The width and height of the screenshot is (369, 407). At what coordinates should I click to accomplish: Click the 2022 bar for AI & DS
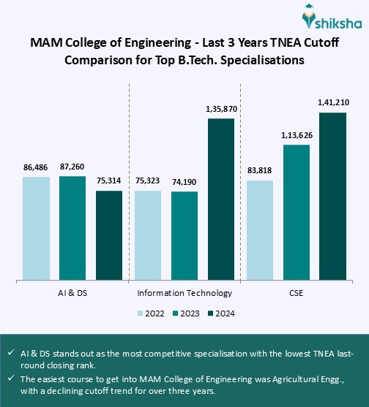tap(36, 227)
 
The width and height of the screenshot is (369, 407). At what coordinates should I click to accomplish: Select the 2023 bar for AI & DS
tap(72, 227)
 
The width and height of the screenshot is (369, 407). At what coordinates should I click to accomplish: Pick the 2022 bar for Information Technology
tap(147, 235)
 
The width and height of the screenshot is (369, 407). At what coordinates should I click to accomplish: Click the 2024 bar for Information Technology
tap(221, 198)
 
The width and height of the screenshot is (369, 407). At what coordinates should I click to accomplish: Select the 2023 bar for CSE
tap(297, 212)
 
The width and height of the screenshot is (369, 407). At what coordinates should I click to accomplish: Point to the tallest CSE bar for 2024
tap(332, 196)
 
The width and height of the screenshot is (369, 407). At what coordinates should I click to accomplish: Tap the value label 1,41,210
tap(332, 103)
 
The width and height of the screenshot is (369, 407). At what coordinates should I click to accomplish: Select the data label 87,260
tap(72, 167)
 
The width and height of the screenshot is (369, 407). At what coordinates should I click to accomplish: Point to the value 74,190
tap(184, 183)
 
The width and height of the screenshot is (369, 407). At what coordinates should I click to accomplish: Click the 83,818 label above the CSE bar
tap(259, 171)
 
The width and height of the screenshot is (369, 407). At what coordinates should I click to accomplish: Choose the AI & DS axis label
tap(73, 293)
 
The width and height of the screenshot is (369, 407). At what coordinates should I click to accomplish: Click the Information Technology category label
tap(184, 293)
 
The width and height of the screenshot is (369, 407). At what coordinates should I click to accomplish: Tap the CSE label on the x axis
tap(296, 293)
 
